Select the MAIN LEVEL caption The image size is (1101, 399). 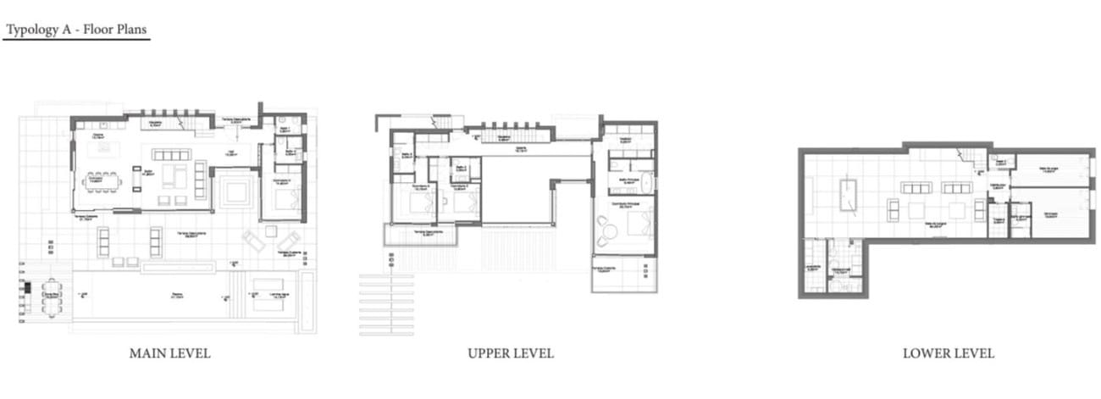coord(169,353)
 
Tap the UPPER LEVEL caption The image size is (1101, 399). coord(511,353)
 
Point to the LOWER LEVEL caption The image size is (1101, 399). coord(948,353)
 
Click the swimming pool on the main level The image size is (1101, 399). coord(169,297)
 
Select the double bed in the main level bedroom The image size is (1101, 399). coord(285,200)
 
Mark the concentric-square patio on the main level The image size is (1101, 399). coord(235,191)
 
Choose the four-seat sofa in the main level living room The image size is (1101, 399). coord(172,155)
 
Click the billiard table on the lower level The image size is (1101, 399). coord(848,196)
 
